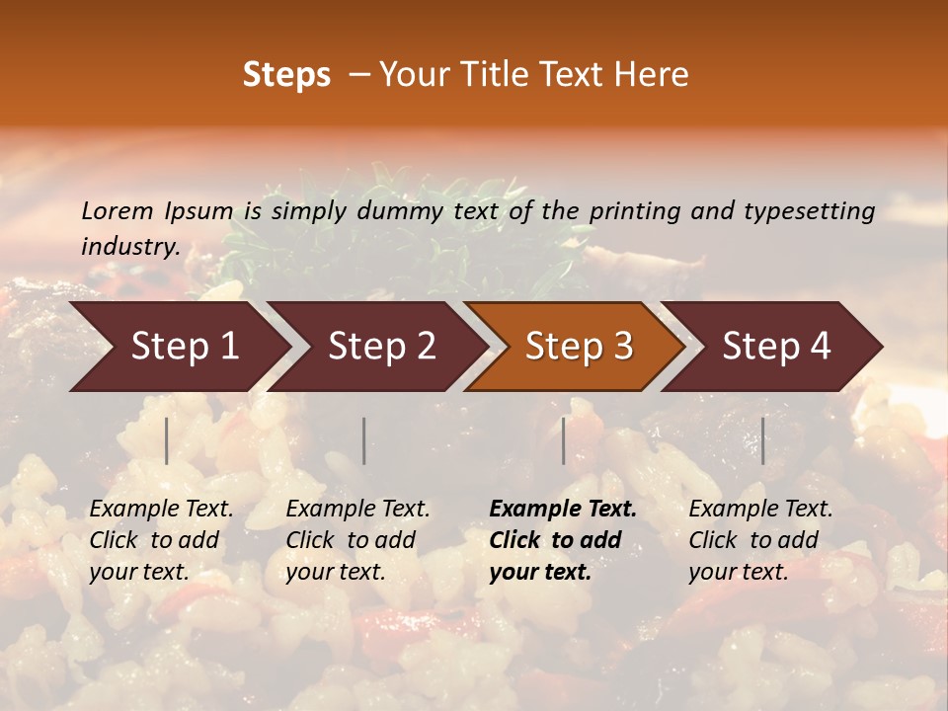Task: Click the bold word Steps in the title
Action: pos(286,75)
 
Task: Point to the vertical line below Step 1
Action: pos(167,440)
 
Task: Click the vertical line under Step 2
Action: pos(364,440)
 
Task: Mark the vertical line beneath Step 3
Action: pos(564,440)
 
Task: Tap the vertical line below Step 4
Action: pos(762,440)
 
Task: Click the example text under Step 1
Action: pos(161,540)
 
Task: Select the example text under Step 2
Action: pos(357,540)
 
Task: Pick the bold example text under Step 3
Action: pos(563,540)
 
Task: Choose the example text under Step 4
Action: pos(760,540)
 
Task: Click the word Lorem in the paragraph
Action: pos(118,211)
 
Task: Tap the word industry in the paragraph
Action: pos(129,247)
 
